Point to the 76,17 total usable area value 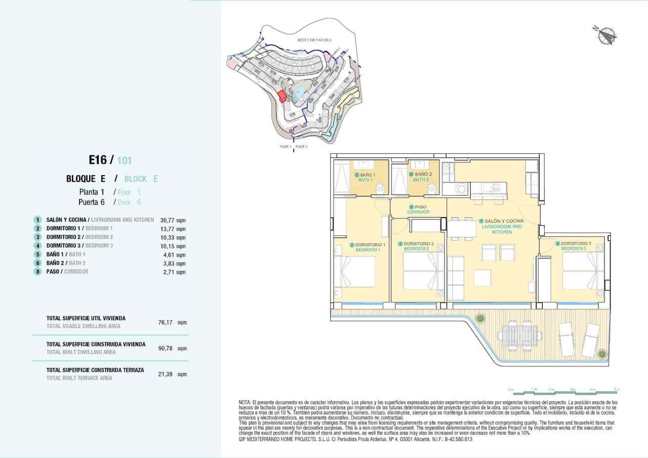pyautogui.click(x=166, y=322)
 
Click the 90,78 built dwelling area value pyautogui.click(x=166, y=348)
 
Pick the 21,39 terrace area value pyautogui.click(x=166, y=374)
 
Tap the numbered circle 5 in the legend pyautogui.click(x=37, y=255)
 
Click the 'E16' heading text pyautogui.click(x=98, y=160)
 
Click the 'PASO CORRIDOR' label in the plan pyautogui.click(x=419, y=210)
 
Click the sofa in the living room pyautogui.click(x=456, y=278)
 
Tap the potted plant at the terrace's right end pyautogui.click(x=601, y=353)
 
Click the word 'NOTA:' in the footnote pyautogui.click(x=245, y=402)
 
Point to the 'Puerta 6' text pyautogui.click(x=91, y=202)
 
